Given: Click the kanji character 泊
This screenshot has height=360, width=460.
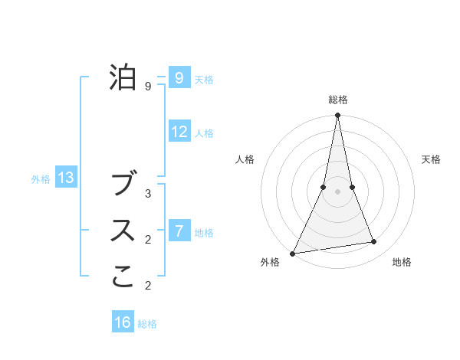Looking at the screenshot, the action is (123, 77).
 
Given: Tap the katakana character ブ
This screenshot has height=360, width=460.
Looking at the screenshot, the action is (123, 184).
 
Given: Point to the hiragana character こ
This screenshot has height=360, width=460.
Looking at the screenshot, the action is (123, 277).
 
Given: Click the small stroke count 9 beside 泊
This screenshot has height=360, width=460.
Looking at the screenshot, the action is (148, 87).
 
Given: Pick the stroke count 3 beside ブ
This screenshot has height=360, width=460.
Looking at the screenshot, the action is (148, 193).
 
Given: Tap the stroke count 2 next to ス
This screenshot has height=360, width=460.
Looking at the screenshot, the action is (148, 240).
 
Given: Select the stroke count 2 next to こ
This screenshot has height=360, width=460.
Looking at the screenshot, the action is (148, 286).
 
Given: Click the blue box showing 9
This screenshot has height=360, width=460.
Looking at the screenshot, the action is (179, 78).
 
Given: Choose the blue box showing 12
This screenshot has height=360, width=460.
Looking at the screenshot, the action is (179, 132).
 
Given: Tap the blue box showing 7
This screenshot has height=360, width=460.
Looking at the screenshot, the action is (179, 231).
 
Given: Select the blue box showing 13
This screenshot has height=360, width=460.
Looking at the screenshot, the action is (66, 178).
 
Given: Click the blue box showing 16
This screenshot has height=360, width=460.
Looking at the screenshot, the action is (123, 322).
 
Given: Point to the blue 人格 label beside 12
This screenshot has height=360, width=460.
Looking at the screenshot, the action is (204, 133).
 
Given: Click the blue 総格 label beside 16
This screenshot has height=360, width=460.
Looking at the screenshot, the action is (147, 324).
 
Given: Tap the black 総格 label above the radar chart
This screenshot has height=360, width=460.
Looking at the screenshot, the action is (337, 100).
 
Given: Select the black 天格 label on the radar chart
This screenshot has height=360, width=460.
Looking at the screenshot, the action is (432, 159).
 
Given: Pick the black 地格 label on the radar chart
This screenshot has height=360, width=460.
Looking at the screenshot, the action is (402, 262).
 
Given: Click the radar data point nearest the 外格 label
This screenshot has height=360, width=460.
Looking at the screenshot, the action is (293, 253).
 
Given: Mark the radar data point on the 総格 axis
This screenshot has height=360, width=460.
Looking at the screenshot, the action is (337, 116).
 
